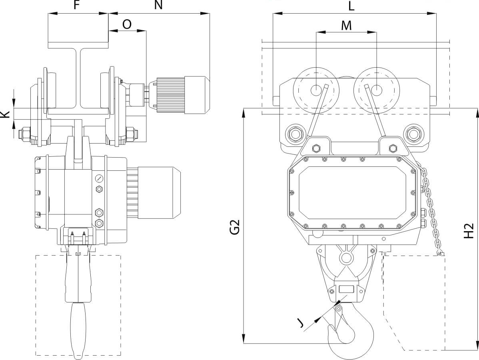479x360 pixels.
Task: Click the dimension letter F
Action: click(x=78, y=5)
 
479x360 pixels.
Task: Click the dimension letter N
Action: click(x=158, y=5)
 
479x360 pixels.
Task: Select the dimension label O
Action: click(x=127, y=24)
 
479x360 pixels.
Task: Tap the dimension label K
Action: click(x=5, y=114)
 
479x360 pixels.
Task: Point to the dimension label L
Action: click(x=351, y=6)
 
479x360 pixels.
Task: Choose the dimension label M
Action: click(x=346, y=25)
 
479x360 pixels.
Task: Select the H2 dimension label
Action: click(x=469, y=231)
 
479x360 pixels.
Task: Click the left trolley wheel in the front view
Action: click(x=316, y=90)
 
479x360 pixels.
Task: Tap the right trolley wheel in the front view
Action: click(x=377, y=90)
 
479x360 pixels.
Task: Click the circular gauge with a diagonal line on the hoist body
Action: click(x=99, y=178)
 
